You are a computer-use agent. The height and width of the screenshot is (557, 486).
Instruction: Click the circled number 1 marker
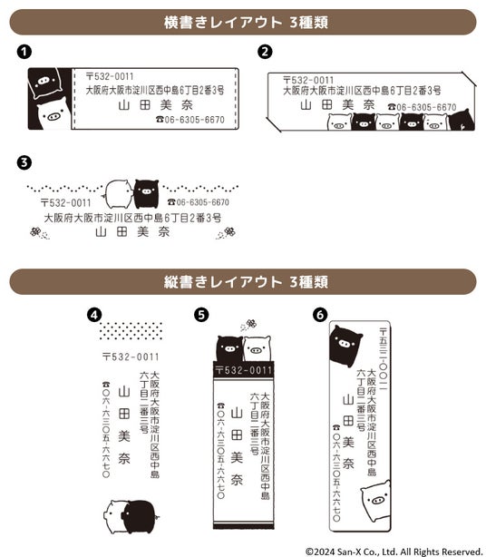tap(24, 52)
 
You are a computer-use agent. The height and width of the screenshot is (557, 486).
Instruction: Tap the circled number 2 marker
tap(265, 52)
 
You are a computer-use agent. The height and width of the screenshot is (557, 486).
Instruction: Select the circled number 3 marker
tap(24, 162)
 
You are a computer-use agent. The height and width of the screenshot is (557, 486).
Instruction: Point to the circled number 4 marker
tap(94, 315)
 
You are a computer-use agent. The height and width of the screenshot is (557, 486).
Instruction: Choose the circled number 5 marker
tap(201, 315)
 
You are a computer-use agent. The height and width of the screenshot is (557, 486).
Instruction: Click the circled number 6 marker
tap(320, 315)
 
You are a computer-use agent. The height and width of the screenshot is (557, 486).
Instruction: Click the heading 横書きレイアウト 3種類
tap(246, 23)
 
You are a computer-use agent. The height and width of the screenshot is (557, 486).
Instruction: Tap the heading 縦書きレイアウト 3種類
tap(246, 282)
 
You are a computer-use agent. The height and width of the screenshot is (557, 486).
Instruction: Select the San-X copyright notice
tap(394, 552)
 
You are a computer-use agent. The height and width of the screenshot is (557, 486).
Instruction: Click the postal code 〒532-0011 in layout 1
tap(110, 76)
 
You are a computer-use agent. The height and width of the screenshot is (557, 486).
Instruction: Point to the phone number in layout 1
tap(190, 120)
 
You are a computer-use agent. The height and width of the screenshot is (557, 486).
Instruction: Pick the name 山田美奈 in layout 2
tap(337, 105)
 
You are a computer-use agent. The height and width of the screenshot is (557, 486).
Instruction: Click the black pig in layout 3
tap(146, 193)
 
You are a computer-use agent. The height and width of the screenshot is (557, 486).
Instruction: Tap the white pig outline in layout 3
tap(119, 194)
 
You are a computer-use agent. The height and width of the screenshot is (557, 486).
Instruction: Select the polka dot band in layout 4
tap(131, 331)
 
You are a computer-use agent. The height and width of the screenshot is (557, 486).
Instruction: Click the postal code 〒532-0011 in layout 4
tap(131, 357)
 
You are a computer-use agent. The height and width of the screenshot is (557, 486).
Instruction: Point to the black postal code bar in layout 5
tap(244, 370)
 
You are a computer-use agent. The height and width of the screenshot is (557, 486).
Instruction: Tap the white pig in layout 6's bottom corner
tap(376, 500)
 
